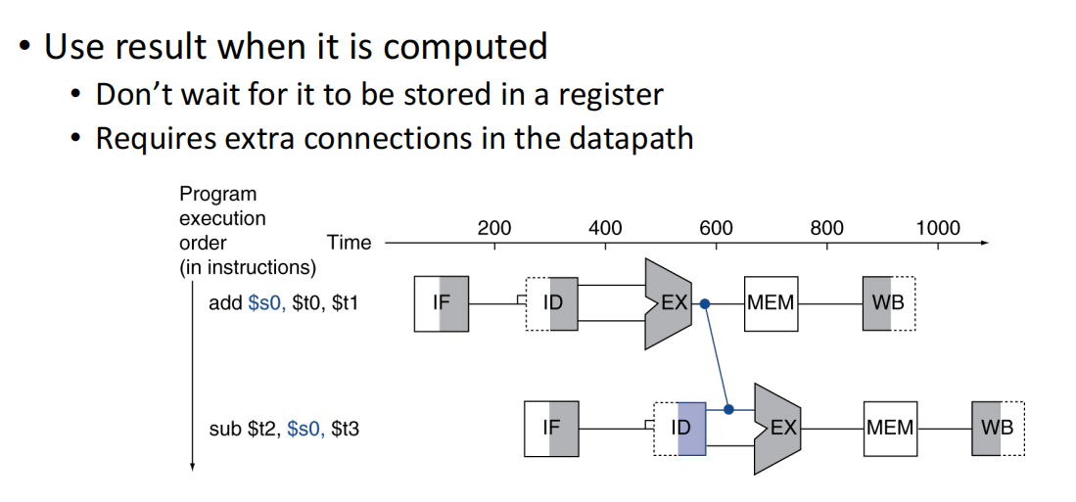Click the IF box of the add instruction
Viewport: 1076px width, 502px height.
click(x=442, y=303)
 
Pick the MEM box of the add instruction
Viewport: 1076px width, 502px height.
click(x=771, y=303)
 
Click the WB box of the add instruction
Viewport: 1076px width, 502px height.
click(x=889, y=303)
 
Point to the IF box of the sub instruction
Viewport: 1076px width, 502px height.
click(x=551, y=429)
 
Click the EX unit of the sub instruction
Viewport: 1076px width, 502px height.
click(x=779, y=429)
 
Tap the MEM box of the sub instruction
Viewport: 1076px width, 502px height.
click(x=890, y=429)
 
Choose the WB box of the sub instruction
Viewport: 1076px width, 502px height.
click(x=998, y=429)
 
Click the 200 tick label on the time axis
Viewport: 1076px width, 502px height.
click(x=494, y=228)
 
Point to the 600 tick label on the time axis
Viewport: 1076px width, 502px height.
click(x=716, y=228)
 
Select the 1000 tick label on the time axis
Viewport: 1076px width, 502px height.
click(x=938, y=228)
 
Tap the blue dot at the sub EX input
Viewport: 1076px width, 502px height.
click(x=728, y=409)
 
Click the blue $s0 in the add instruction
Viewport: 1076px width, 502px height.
click(x=267, y=303)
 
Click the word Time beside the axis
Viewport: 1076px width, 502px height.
click(x=349, y=243)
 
